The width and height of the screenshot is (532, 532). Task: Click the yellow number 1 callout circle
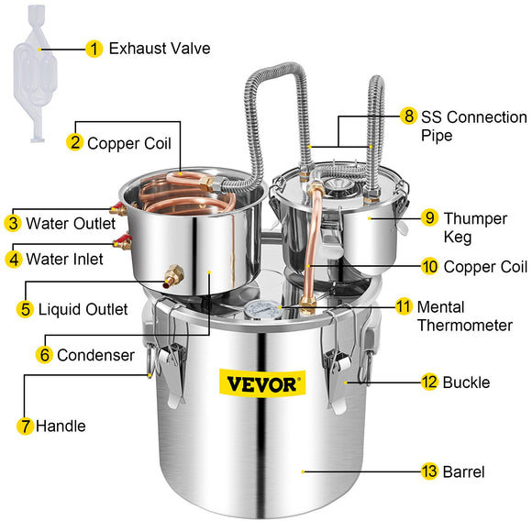(x=94, y=49)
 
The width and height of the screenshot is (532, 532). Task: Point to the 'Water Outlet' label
(x=71, y=223)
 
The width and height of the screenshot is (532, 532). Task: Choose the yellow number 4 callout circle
(x=12, y=259)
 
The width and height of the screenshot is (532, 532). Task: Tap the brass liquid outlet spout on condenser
(x=172, y=272)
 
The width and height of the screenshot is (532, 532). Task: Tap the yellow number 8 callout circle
(x=408, y=117)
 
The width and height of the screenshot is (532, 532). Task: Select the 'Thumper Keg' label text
(x=469, y=227)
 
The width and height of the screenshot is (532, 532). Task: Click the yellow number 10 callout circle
(x=429, y=267)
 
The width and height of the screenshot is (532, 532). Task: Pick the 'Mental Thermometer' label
(x=464, y=316)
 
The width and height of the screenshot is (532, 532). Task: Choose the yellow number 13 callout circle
(x=429, y=471)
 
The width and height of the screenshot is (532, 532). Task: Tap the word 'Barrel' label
(x=464, y=471)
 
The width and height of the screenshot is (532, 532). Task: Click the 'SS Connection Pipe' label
(x=473, y=127)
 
